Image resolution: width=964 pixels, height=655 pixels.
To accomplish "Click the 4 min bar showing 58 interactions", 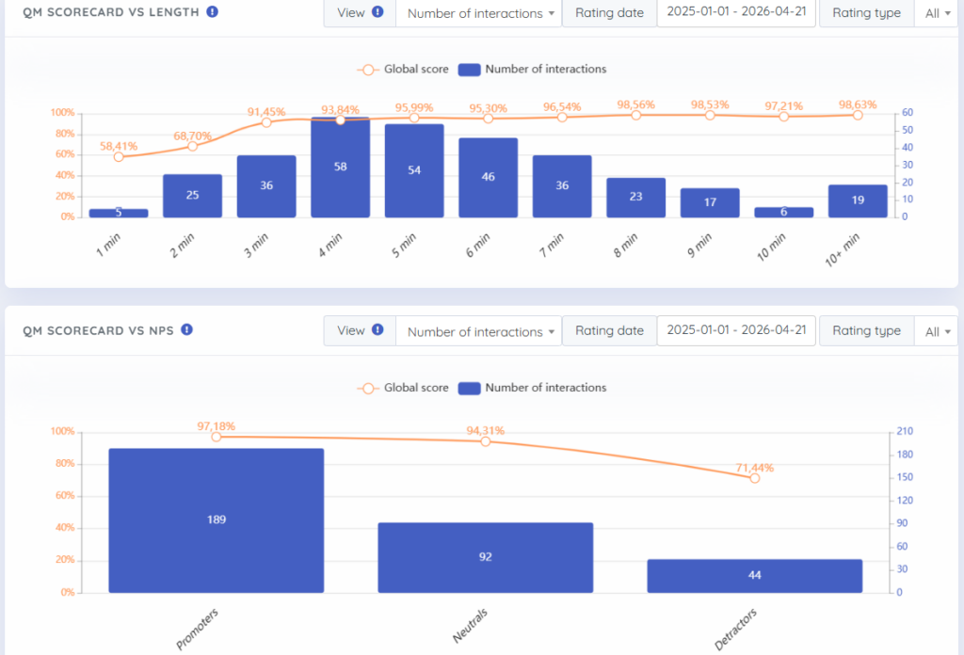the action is tap(340, 168).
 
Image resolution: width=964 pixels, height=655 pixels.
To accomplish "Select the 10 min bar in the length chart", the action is tap(783, 212).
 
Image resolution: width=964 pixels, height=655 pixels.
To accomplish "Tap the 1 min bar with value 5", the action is tap(119, 213).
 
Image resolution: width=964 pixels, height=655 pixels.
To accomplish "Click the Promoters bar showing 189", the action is tap(217, 520).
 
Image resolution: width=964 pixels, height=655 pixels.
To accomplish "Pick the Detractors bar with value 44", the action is tap(754, 576).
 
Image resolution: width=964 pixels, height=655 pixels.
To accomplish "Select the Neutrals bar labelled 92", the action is tap(485, 557).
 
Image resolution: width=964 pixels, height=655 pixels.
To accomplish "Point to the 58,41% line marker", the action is tap(119, 156).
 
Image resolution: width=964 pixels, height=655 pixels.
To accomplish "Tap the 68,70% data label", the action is tap(192, 136).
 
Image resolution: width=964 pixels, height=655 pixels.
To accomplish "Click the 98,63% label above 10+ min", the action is tap(858, 104).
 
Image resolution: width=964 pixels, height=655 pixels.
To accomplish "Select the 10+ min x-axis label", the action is tap(842, 249).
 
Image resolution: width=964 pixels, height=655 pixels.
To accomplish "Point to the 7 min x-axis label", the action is tap(551, 246).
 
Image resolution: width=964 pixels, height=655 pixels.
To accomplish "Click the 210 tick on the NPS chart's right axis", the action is tap(905, 431).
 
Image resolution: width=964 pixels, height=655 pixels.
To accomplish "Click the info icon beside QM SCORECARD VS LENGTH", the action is tap(212, 11).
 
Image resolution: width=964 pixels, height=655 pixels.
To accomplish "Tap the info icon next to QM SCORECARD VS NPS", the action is tap(187, 330).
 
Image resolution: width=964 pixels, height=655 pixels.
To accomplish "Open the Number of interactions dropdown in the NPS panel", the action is tap(479, 331).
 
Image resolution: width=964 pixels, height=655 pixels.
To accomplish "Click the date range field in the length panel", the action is tap(736, 11).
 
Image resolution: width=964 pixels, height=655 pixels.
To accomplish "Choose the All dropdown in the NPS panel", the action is tap(937, 331).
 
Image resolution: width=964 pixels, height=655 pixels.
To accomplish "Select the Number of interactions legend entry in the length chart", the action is tap(533, 70).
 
